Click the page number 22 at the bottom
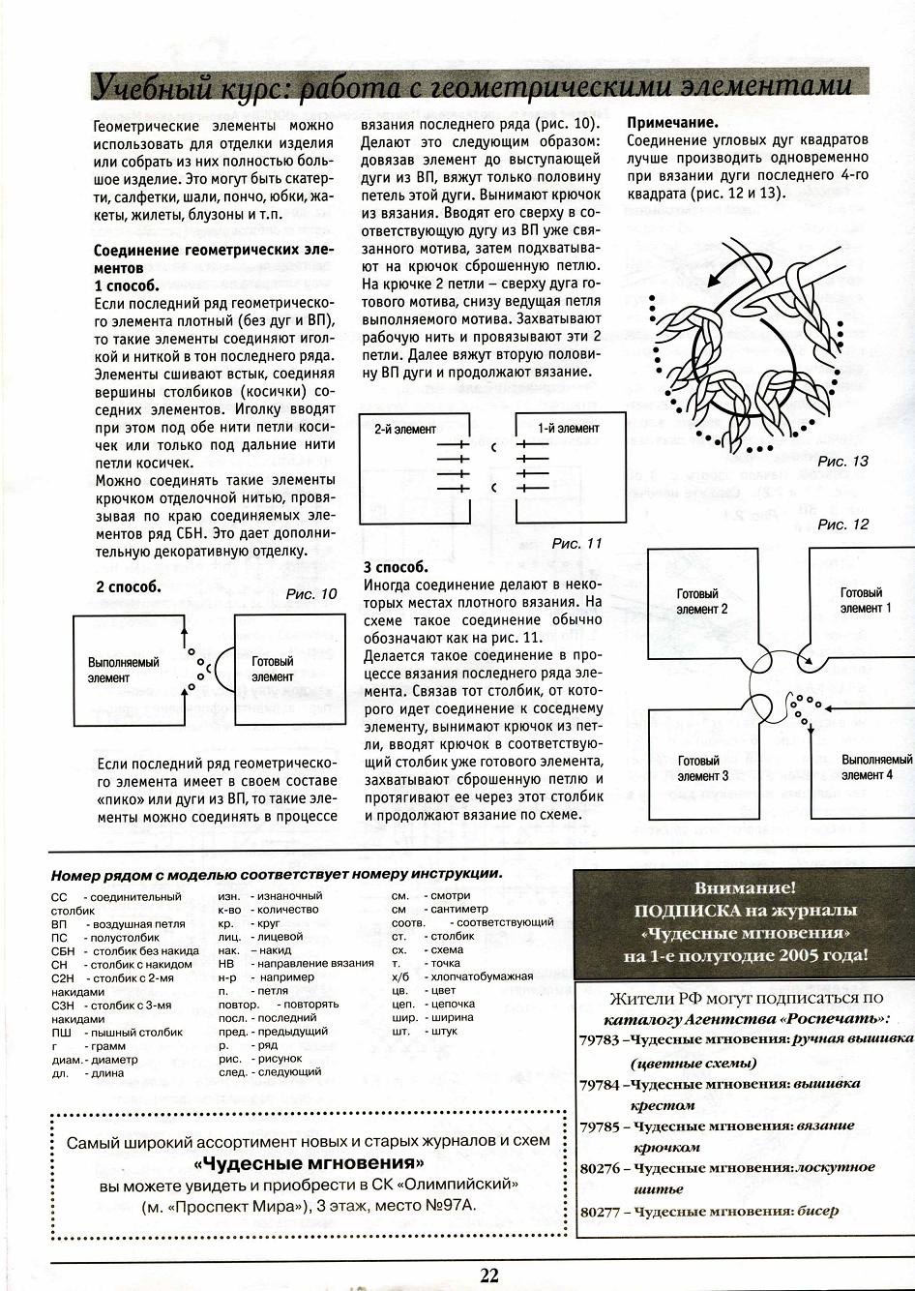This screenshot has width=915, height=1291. coord(488,1276)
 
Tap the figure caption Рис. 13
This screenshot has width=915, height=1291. coord(842,461)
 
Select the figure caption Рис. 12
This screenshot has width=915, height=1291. coord(842,525)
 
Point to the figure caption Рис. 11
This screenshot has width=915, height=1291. coord(576,543)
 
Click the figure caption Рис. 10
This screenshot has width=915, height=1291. coord(311,594)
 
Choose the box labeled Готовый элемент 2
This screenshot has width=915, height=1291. coord(701,602)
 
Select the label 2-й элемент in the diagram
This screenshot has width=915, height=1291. coord(405,429)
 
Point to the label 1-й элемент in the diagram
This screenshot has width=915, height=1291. coord(569,429)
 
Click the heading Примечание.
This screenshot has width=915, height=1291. coord(672,123)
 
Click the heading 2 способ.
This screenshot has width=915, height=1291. coord(128,586)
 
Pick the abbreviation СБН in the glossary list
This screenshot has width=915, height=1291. coord(63,951)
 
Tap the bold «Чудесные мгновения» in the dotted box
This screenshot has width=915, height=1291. coord(309,1162)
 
